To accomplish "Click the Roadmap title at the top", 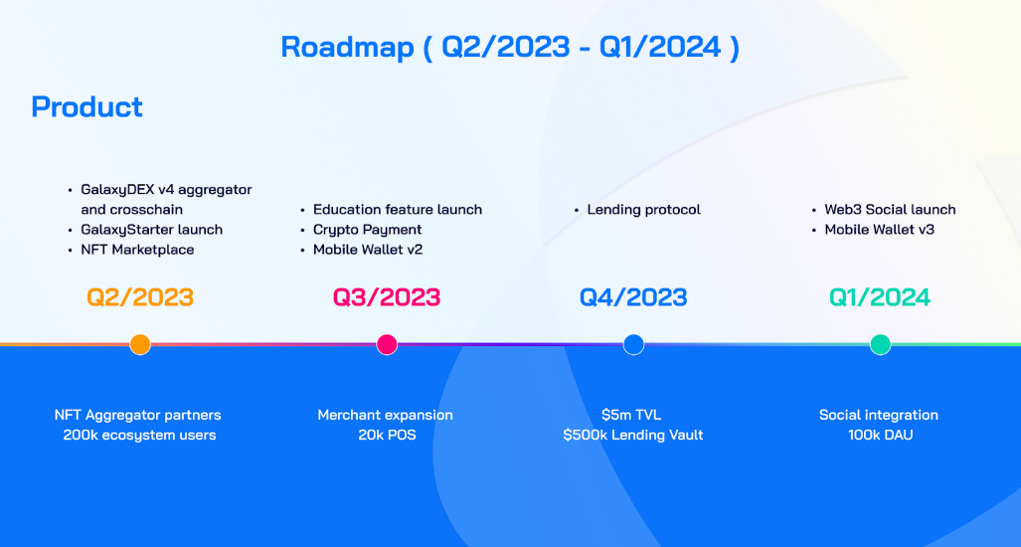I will [x=510, y=47].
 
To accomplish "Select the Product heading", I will [x=87, y=106].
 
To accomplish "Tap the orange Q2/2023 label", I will [x=140, y=297].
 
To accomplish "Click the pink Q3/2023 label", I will [x=387, y=297].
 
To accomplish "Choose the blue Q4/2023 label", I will [x=633, y=297].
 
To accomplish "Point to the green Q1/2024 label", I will [x=880, y=297].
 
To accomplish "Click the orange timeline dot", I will [x=140, y=344].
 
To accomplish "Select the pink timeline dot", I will [x=387, y=344].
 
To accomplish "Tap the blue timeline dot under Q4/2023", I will [x=633, y=344].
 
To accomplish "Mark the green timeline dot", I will [x=880, y=344].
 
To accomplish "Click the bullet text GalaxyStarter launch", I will [x=151, y=230].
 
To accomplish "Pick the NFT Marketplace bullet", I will [x=137, y=250].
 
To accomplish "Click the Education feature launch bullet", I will [x=397, y=210].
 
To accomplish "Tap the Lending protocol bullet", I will [x=643, y=210].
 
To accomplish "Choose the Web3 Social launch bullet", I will [x=890, y=210].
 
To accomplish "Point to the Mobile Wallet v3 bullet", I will [x=879, y=230].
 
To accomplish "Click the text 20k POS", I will [x=387, y=435].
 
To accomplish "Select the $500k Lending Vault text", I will [x=633, y=435].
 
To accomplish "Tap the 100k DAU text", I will [x=880, y=435].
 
